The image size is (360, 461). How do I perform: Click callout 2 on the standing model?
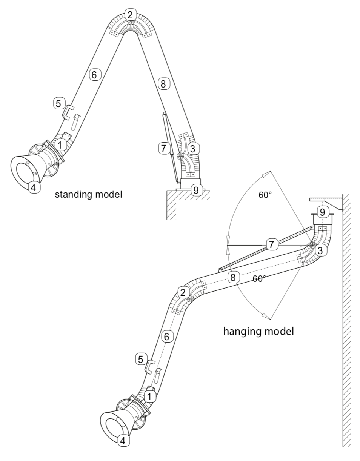(130, 15)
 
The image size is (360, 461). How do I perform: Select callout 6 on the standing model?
(95, 75)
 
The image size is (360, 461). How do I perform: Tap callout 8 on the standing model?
(163, 84)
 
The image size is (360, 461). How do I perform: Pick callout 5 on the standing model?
(58, 103)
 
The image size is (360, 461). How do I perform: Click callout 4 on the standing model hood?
(34, 187)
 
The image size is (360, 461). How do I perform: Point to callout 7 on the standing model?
(163, 148)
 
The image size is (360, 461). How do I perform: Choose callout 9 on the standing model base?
(195, 190)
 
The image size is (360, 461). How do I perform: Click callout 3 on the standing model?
(193, 149)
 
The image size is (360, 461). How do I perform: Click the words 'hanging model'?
(258, 332)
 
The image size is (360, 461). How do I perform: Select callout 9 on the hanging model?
(322, 212)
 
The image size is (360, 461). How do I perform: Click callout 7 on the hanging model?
(271, 244)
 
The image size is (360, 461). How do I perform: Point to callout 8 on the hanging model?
(233, 278)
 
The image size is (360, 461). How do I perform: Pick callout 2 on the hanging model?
(183, 292)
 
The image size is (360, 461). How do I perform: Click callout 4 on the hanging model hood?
(123, 440)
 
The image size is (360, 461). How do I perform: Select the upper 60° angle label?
(265, 195)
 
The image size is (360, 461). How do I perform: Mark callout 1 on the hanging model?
(150, 396)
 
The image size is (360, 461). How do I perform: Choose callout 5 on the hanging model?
(140, 359)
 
